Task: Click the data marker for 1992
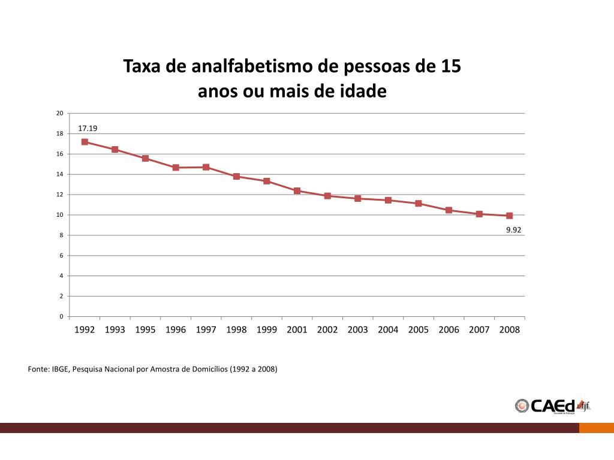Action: [x=85, y=142]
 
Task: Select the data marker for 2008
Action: [x=509, y=216]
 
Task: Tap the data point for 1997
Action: [x=206, y=167]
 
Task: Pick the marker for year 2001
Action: [x=297, y=190]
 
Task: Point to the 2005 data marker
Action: [x=418, y=204]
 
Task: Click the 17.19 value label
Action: [x=88, y=128]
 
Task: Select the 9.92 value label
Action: [x=513, y=229]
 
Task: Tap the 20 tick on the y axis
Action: [x=59, y=113]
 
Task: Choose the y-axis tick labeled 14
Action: [x=59, y=174]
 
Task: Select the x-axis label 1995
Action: [x=145, y=330]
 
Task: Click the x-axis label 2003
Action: [x=357, y=330]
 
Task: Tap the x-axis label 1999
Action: [x=266, y=330]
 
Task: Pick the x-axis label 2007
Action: [x=479, y=330]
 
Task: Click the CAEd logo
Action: [x=552, y=405]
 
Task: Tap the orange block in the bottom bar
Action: [x=596, y=428]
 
